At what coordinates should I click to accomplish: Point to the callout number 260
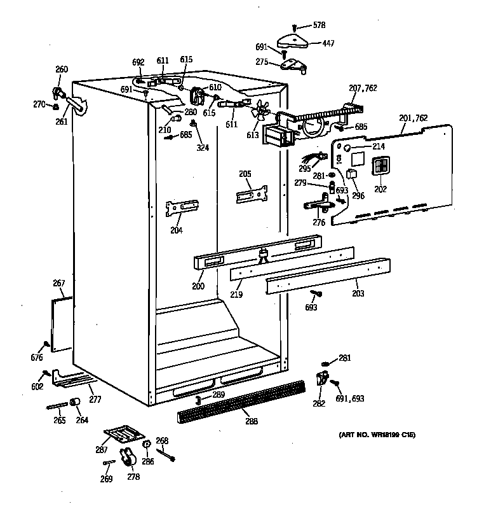pos(61,69)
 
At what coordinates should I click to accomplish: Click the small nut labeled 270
pos(56,105)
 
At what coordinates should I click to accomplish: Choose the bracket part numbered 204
pos(182,208)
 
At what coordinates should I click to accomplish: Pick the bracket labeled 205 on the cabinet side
pos(252,195)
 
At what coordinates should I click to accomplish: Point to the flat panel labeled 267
pos(62,325)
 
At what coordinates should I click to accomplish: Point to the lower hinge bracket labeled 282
pos(321,379)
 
